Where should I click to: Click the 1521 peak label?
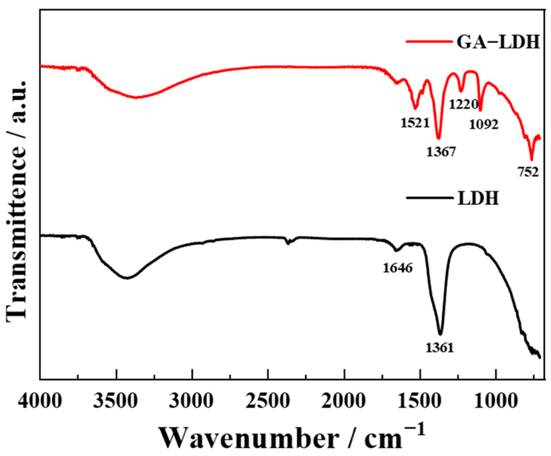click(x=415, y=123)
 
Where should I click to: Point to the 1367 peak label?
click(x=441, y=152)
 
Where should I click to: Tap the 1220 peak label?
click(x=464, y=105)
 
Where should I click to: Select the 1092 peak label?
click(x=483, y=125)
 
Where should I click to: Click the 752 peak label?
click(x=527, y=172)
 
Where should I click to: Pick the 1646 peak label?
click(x=397, y=268)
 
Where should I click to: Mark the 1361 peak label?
click(x=440, y=347)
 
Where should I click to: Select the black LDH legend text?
click(x=478, y=199)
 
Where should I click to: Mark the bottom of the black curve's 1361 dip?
click(x=440, y=334)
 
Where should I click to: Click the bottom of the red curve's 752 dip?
click(x=532, y=160)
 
